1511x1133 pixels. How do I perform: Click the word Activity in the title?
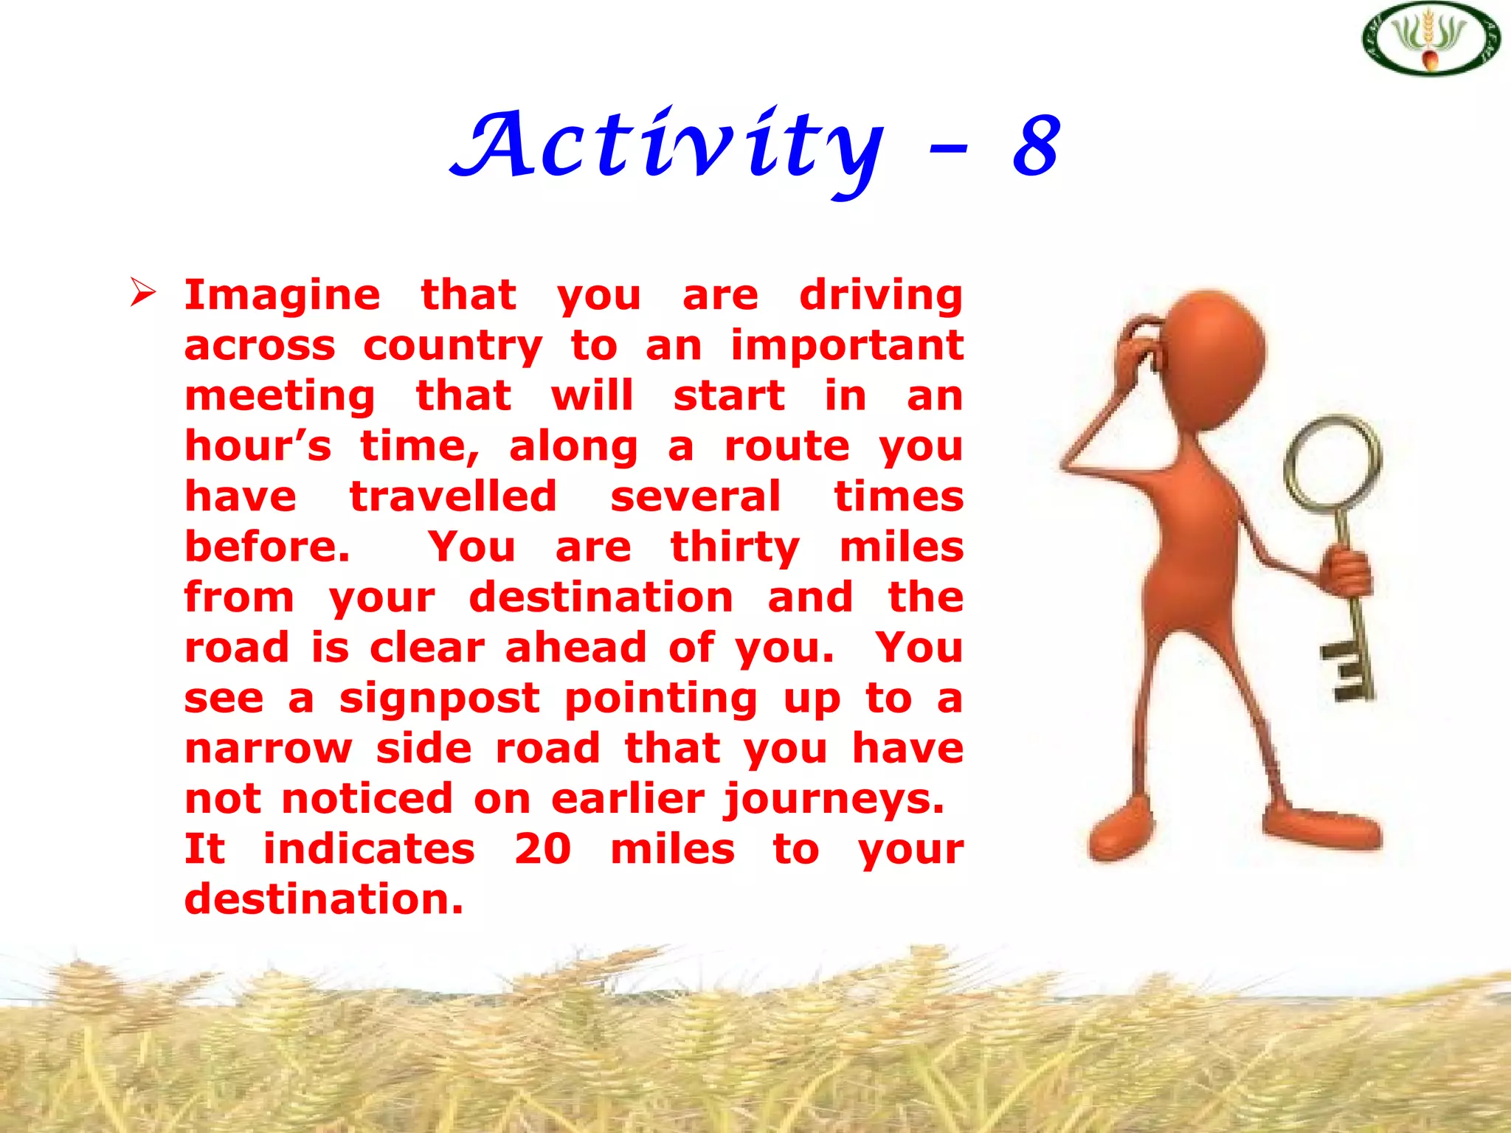click(x=668, y=148)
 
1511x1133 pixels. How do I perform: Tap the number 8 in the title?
click(x=1037, y=148)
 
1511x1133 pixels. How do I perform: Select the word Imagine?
click(x=282, y=297)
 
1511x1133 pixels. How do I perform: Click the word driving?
click(x=881, y=297)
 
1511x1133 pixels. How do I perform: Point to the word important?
click(x=847, y=346)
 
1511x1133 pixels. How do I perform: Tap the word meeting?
click(x=280, y=397)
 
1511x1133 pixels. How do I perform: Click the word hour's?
click(x=257, y=446)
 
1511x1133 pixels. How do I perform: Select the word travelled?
click(x=453, y=496)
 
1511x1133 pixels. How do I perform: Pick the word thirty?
click(x=735, y=548)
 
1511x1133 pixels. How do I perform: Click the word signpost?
click(x=439, y=699)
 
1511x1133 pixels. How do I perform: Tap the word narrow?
click(x=269, y=749)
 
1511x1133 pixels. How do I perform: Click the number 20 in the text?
click(x=542, y=849)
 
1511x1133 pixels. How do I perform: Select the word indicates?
click(x=369, y=849)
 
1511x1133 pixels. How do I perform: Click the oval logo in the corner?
click(x=1431, y=39)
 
